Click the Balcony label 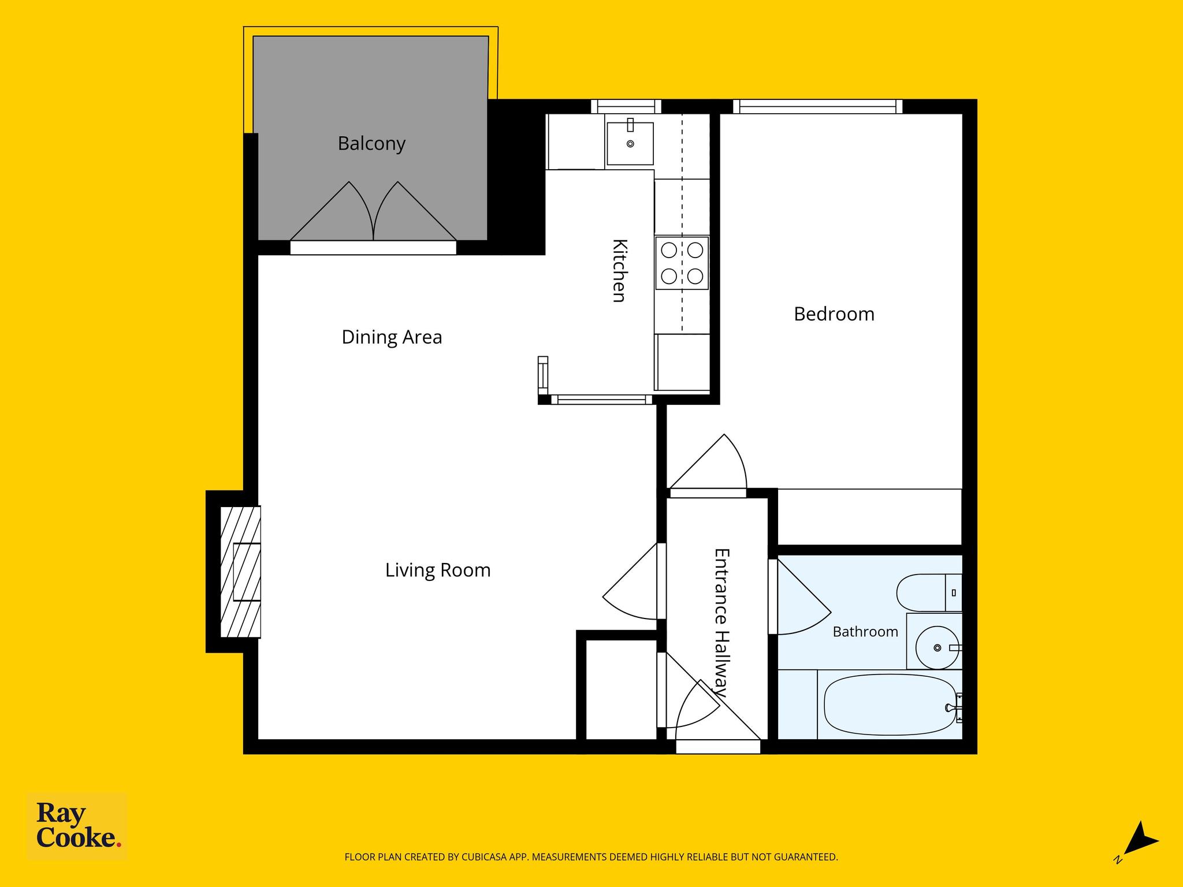tap(371, 143)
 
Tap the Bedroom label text tap(834, 314)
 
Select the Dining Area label tap(392, 337)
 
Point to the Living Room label tap(438, 571)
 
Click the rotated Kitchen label tap(619, 270)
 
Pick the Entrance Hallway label tap(721, 623)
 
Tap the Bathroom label tap(865, 632)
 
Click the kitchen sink tap(630, 143)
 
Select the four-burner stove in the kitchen tap(682, 263)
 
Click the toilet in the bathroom tap(929, 592)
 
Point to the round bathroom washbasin tap(937, 648)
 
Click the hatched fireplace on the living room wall tap(240, 572)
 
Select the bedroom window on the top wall tap(818, 107)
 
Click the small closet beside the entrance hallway tap(622, 690)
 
